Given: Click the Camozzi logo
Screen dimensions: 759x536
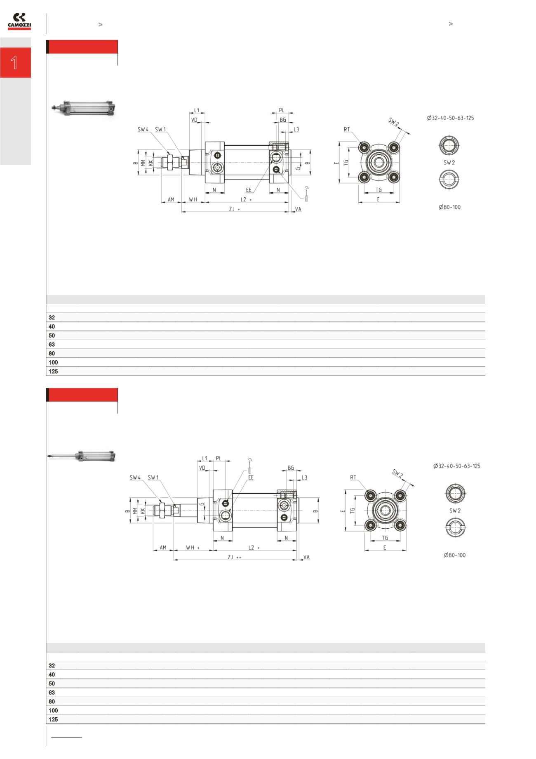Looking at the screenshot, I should (x=19, y=22).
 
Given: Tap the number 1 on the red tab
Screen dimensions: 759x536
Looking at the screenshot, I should (x=15, y=63).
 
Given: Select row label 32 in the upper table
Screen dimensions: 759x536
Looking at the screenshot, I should (x=52, y=318).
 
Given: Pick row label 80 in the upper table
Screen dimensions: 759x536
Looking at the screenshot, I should (x=52, y=354).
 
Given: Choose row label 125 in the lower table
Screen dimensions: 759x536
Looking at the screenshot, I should (x=53, y=719).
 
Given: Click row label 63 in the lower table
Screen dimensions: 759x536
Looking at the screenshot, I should (x=52, y=693).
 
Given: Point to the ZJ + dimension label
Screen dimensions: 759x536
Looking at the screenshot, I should (x=234, y=209).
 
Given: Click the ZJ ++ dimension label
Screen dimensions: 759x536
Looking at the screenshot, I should (x=234, y=557).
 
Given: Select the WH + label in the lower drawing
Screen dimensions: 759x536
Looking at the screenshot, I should (x=193, y=548).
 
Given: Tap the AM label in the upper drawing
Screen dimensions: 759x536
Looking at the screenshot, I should (x=171, y=200).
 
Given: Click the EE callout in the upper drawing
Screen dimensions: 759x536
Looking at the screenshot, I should (x=249, y=190).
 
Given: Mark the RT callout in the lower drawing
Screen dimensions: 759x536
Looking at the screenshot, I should (x=353, y=478).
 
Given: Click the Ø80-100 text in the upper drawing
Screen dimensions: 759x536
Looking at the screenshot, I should (x=449, y=207).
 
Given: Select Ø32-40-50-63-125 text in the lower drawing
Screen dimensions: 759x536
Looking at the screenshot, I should (x=456, y=466).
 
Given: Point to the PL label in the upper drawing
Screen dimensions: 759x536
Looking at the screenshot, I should (x=282, y=111).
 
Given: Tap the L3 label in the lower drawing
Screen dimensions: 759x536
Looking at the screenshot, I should (x=304, y=478).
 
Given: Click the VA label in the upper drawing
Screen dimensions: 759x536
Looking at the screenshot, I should (x=298, y=209).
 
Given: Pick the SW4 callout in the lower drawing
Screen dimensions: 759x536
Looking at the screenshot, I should (x=135, y=478).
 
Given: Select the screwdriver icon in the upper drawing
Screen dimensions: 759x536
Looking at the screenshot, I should (x=306, y=192).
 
